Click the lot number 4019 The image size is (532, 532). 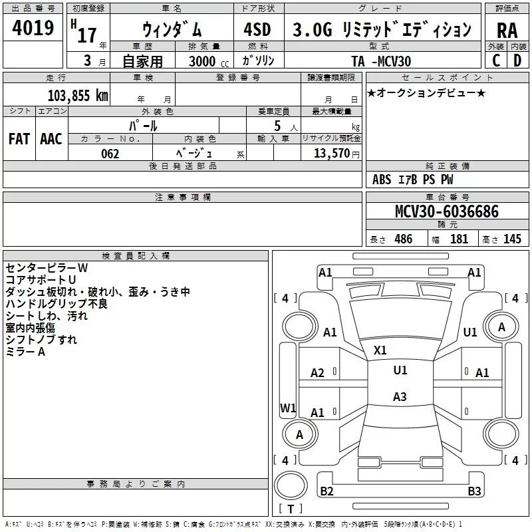point(33,28)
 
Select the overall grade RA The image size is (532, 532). point(507,31)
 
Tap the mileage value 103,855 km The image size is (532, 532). point(78,96)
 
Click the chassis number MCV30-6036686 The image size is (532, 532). point(447,211)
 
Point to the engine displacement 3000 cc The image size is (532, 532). point(209,61)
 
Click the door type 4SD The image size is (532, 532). point(257,29)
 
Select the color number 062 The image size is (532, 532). point(110,154)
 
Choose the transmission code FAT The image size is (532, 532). point(19,139)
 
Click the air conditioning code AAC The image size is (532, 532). point(51,139)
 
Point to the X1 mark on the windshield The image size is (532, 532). point(380,350)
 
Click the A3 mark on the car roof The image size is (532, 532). point(400,396)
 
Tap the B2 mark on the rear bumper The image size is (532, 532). point(327,491)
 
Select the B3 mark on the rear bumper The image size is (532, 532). point(474,491)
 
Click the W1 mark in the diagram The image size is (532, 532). point(288,408)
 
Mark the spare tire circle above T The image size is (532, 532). point(291,485)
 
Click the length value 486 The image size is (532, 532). point(404,239)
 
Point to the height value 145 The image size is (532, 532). point(512,239)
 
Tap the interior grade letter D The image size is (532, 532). point(517,61)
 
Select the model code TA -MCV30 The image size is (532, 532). point(381,61)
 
